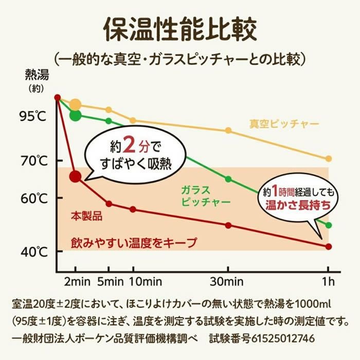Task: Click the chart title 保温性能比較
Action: pyautogui.click(x=179, y=30)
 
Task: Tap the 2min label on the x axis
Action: pyautogui.click(x=76, y=282)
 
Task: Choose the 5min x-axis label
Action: pyautogui.click(x=109, y=282)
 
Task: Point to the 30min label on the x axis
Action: pyautogui.click(x=229, y=282)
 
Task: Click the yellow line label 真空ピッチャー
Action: pyautogui.click(x=284, y=124)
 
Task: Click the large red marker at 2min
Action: pyautogui.click(x=76, y=176)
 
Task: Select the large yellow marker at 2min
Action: pyautogui.click(x=76, y=105)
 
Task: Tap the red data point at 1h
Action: pyautogui.click(x=329, y=246)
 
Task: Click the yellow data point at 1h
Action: pyautogui.click(x=329, y=158)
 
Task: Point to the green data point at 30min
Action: pyautogui.click(x=228, y=179)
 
